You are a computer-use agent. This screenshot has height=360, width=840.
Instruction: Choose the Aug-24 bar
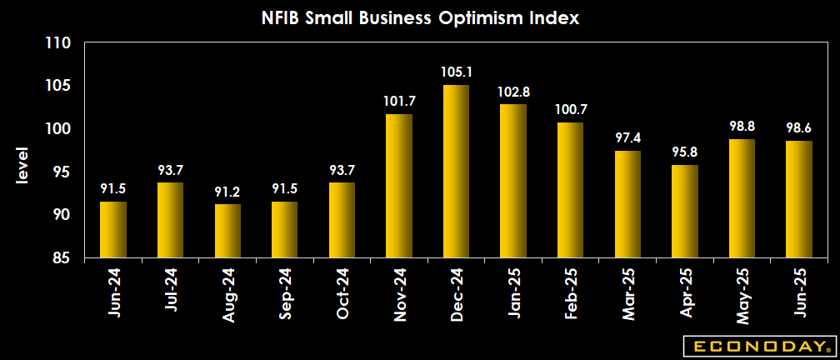227,231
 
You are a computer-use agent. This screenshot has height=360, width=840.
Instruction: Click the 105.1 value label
456,72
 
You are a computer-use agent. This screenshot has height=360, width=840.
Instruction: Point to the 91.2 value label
227,192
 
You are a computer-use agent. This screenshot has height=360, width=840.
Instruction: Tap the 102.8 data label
513,92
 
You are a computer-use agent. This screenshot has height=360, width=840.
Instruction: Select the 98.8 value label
742,127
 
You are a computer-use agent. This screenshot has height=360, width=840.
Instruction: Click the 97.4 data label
627,138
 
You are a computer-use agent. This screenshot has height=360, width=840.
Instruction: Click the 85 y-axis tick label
62,257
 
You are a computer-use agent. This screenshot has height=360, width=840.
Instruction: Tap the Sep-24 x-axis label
285,293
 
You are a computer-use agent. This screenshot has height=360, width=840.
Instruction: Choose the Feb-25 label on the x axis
570,293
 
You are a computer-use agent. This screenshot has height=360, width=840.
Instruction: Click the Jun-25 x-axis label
798,293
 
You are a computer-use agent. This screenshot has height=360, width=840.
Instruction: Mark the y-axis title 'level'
22,166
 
